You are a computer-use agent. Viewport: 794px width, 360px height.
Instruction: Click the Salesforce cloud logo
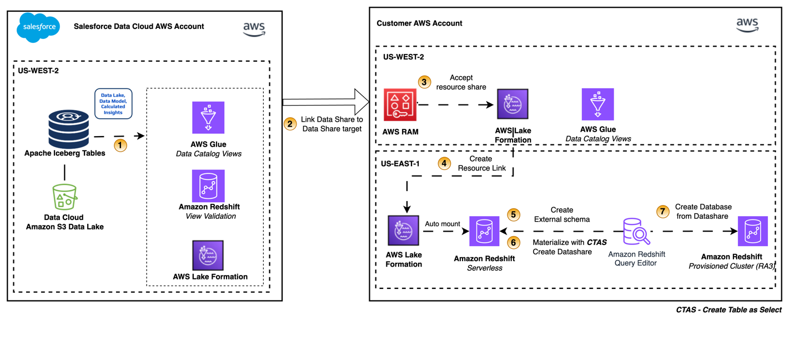click(38, 27)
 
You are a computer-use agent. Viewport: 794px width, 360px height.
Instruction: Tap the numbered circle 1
click(120, 146)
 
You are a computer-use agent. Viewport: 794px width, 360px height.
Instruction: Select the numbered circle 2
click(290, 123)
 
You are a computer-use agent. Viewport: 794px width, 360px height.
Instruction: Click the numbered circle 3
click(425, 82)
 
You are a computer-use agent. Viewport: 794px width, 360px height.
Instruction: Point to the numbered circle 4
click(444, 163)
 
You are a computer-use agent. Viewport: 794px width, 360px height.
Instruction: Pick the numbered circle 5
click(514, 214)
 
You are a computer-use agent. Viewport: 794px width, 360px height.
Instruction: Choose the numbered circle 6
click(514, 242)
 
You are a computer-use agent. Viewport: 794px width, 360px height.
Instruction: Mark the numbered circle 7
click(662, 211)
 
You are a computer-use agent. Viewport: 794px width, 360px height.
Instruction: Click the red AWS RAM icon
click(400, 104)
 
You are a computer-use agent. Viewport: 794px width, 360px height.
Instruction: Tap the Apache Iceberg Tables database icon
click(68, 129)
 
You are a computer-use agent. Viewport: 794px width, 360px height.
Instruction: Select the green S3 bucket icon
click(64, 197)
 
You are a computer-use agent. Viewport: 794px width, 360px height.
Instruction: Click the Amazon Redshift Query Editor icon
click(636, 232)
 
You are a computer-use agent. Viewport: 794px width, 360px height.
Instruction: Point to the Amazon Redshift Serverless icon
click(484, 231)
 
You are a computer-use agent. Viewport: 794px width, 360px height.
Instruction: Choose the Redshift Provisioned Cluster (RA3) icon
click(753, 231)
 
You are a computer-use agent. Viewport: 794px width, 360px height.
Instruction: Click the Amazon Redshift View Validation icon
click(208, 186)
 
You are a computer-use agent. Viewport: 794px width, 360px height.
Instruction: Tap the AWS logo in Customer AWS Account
click(747, 25)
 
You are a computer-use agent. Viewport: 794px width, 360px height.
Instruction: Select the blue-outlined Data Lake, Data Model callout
click(113, 104)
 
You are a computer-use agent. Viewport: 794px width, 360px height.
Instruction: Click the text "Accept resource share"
click(461, 82)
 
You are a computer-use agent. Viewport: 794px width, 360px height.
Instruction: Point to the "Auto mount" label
click(443, 224)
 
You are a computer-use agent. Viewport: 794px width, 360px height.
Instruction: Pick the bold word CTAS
click(597, 242)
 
